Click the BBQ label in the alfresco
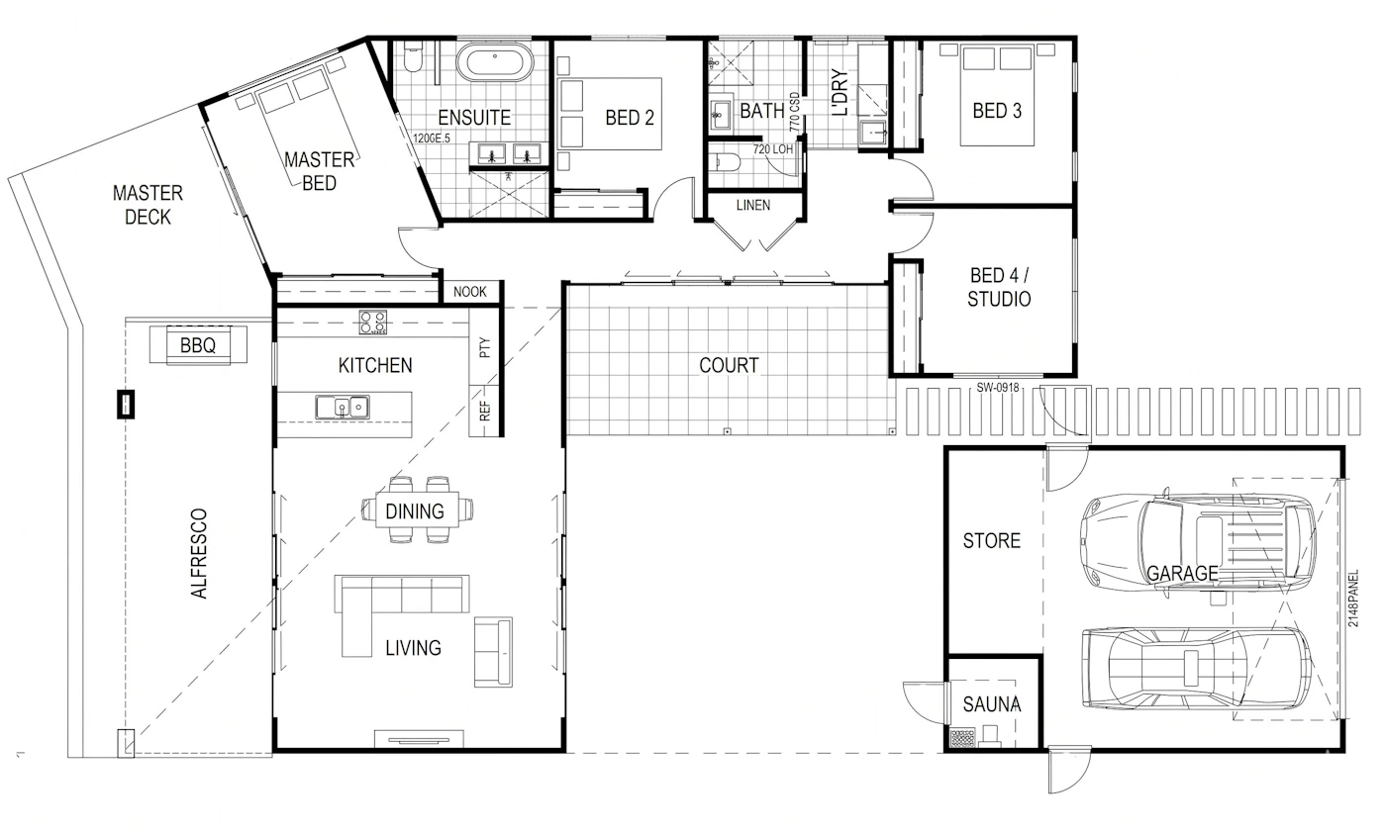(198, 345)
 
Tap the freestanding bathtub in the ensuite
(494, 62)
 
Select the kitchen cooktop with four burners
(373, 323)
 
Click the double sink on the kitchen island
(343, 407)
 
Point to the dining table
(417, 509)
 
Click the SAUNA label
(992, 704)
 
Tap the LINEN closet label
(753, 206)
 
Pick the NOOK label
(469, 292)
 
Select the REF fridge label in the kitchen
(485, 411)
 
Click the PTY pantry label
(485, 347)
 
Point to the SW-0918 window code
(998, 388)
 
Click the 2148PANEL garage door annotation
(1353, 598)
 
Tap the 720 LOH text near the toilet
(773, 149)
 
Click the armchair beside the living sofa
(493, 652)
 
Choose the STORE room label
(992, 541)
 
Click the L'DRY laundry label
(840, 92)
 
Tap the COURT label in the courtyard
(729, 365)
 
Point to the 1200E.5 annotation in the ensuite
(432, 139)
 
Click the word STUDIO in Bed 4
(999, 300)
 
